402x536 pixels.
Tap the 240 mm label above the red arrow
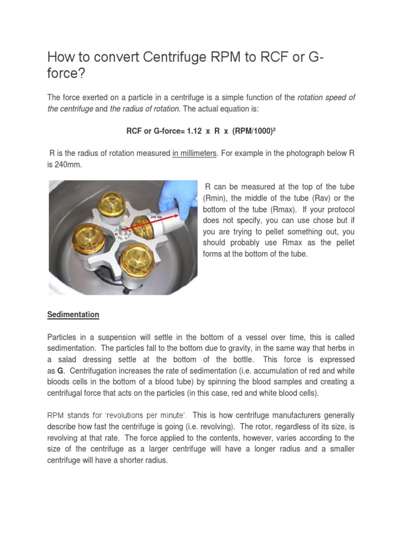tap(155, 216)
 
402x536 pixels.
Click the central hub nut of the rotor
tap(123, 229)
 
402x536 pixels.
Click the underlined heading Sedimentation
tap(73, 315)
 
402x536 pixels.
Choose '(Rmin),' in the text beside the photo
tap(217, 198)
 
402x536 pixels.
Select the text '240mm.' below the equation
tap(64, 164)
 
